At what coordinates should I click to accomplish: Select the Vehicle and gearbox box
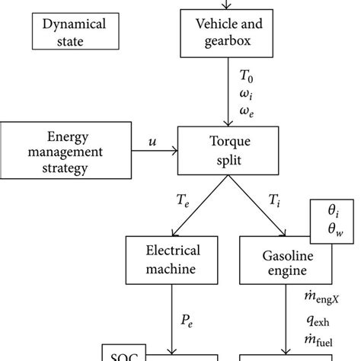[226, 31]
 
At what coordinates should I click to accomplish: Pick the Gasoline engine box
[284, 260]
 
